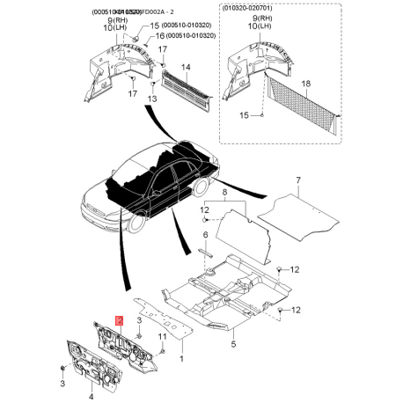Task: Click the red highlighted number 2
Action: pos(120,323)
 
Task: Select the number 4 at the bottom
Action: pos(91,397)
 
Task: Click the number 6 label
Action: pos(204,236)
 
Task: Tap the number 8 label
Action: pos(224,191)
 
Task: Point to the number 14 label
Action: pos(185,67)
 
